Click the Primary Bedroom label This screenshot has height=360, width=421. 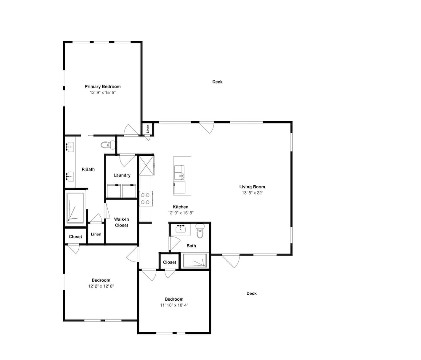[x=103, y=86]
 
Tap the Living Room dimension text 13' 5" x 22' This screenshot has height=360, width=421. [x=252, y=193]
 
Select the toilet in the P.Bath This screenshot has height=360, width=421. [x=108, y=145]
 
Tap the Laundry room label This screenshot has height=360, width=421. [x=122, y=175]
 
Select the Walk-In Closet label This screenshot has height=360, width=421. [x=122, y=222]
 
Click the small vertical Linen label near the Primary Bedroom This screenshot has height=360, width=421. [x=148, y=129]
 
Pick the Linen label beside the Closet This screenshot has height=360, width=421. [x=96, y=235]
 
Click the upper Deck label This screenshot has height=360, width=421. [x=218, y=82]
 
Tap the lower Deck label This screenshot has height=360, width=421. [x=252, y=293]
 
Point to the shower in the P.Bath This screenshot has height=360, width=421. [x=75, y=208]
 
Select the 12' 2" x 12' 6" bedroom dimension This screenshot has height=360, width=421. [x=101, y=286]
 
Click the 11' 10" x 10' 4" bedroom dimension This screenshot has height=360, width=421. [x=174, y=305]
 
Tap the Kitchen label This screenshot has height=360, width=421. [x=181, y=207]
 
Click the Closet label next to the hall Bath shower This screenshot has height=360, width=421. [x=170, y=262]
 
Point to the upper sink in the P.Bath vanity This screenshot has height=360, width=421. [x=70, y=147]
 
